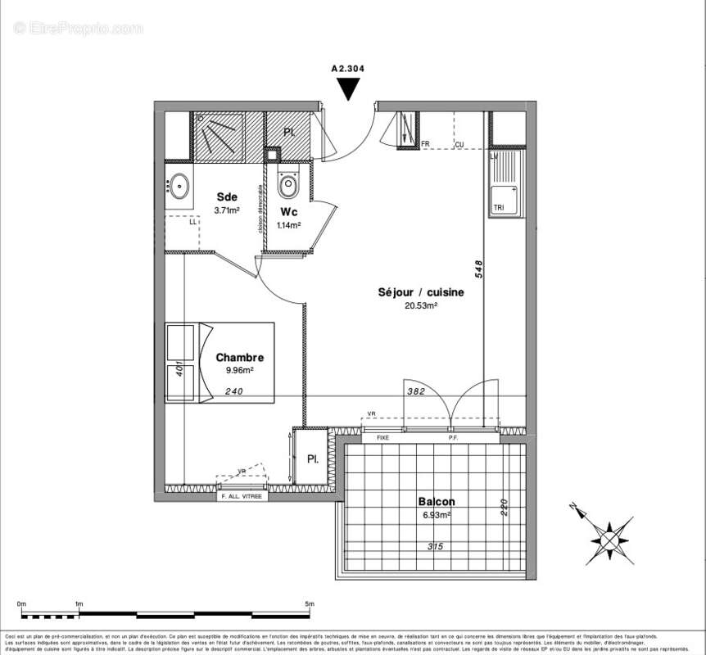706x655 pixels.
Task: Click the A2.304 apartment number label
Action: pos(347,70)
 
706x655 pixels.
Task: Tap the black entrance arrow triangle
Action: pos(348,88)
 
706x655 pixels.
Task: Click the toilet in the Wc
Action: pos(288,185)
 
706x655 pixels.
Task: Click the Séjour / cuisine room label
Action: pos(420,292)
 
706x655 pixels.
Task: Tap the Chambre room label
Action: pos(239,358)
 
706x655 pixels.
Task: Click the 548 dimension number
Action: pos(478,270)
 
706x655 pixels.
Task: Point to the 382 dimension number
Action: pos(417,392)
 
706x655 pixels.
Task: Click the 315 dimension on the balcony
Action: pos(436,546)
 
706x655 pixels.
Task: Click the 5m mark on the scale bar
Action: pos(309,604)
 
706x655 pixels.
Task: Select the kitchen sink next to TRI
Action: pos(504,198)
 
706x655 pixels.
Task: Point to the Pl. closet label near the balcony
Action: pos(313,458)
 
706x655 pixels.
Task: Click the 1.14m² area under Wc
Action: pos(288,225)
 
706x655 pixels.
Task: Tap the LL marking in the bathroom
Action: pos(193,222)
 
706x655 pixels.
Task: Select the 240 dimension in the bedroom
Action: pos(235,391)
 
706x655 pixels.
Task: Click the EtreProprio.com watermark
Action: pos(79,29)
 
